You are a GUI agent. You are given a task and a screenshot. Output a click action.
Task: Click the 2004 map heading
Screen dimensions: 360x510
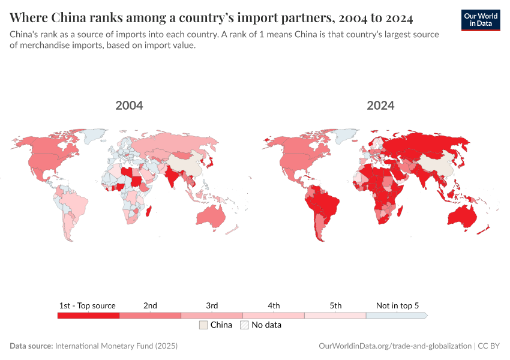[x=129, y=106]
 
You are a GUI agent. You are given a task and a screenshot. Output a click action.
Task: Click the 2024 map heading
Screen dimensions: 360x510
[x=380, y=106]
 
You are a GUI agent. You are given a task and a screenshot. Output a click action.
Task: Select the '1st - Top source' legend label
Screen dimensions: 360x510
[x=88, y=305]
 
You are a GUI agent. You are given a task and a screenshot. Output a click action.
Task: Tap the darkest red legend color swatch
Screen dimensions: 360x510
[x=88, y=316]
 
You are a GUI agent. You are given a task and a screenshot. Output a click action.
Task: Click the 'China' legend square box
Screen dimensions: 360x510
[x=203, y=325]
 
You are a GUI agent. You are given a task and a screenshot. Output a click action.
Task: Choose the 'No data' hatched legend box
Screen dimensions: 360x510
[x=244, y=325]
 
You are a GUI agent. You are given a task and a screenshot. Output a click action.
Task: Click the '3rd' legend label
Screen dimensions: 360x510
[x=212, y=305]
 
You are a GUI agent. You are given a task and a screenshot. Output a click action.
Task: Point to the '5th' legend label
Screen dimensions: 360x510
[x=335, y=305]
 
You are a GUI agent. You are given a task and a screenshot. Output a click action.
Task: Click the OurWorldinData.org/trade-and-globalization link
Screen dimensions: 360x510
[x=395, y=346]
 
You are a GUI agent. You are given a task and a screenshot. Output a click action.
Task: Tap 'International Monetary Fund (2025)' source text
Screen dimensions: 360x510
[x=116, y=346]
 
